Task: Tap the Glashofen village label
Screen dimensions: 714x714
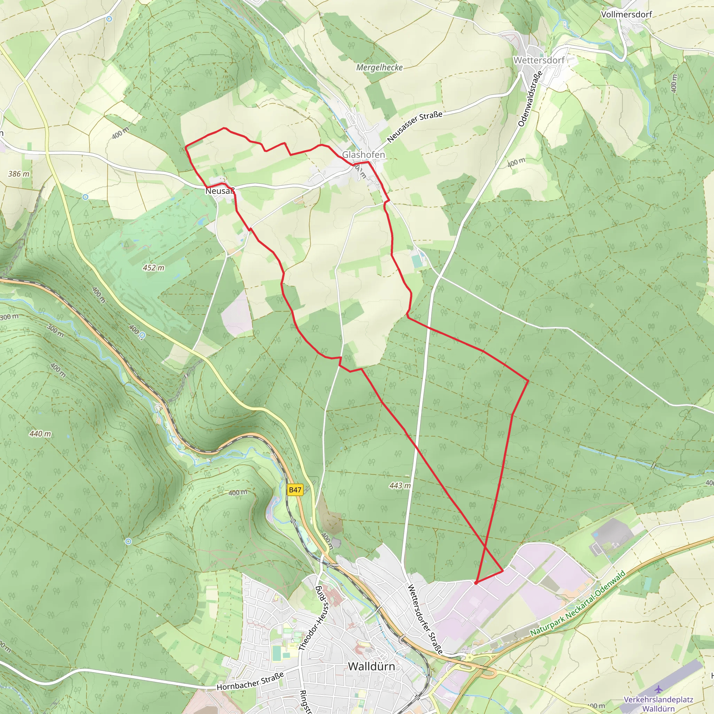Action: tap(363, 154)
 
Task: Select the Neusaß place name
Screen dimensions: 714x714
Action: tap(220, 191)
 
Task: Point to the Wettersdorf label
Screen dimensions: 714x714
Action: tap(539, 60)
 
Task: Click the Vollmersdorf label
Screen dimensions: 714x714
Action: tap(626, 15)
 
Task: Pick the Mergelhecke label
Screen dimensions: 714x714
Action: tap(379, 68)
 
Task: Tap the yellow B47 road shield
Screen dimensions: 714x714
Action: tap(295, 490)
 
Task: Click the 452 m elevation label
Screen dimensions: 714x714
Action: tap(153, 267)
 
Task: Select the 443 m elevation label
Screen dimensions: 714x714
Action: tap(400, 485)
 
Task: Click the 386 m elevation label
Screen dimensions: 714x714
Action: tap(18, 174)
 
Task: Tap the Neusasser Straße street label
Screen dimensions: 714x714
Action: tap(414, 127)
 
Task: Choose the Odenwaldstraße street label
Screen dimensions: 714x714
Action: tap(530, 99)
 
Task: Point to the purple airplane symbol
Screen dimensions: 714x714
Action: tap(658, 689)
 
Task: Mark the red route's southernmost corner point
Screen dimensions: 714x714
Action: tap(476, 583)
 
